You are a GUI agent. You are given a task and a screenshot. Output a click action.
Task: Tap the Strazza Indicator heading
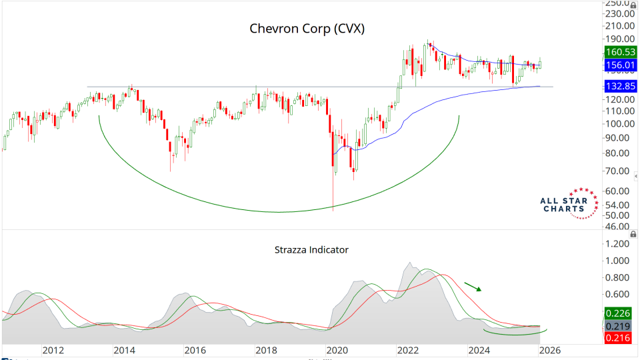(311, 250)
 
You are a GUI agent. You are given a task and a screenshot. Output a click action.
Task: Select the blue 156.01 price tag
(619, 65)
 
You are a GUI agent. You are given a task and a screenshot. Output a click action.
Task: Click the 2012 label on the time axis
(53, 350)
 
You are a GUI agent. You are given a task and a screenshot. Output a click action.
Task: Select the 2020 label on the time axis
(337, 350)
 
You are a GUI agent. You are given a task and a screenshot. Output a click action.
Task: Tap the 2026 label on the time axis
(549, 350)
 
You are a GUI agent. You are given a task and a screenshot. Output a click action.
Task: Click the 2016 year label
(195, 350)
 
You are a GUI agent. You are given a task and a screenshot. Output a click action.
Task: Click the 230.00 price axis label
(619, 13)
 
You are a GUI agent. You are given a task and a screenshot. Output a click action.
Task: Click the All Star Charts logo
(565, 203)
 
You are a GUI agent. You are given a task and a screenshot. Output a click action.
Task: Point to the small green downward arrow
(473, 287)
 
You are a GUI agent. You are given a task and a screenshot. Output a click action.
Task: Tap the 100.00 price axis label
(619, 124)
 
